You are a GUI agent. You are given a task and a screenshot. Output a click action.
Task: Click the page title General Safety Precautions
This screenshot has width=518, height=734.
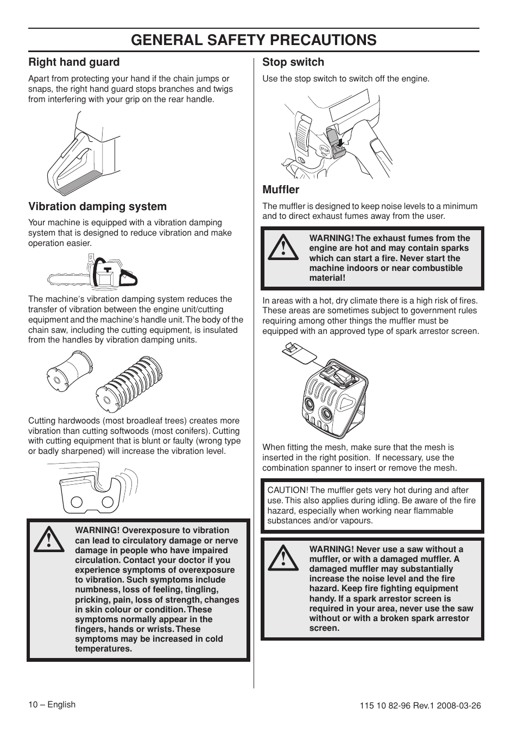click(254, 40)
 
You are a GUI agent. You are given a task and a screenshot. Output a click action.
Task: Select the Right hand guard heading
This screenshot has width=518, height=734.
click(74, 62)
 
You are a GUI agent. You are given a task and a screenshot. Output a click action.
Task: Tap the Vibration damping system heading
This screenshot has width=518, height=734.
click(97, 206)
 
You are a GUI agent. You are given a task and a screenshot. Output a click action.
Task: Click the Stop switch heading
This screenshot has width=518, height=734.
click(293, 62)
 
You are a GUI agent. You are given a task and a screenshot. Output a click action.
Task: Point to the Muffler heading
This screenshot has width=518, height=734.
click(281, 189)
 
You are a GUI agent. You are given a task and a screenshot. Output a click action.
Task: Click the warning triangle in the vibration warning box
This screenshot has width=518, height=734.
click(49, 539)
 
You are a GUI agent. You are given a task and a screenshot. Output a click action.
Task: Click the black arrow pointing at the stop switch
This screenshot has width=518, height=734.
click(340, 143)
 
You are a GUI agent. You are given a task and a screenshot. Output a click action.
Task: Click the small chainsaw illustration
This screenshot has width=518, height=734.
click(92, 271)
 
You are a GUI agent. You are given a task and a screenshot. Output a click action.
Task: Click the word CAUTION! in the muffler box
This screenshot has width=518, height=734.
click(287, 490)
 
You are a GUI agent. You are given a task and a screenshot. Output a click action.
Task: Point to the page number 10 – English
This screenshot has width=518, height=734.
click(52, 705)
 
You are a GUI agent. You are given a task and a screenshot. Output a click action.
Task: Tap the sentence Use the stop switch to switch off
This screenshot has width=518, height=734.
click(345, 79)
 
